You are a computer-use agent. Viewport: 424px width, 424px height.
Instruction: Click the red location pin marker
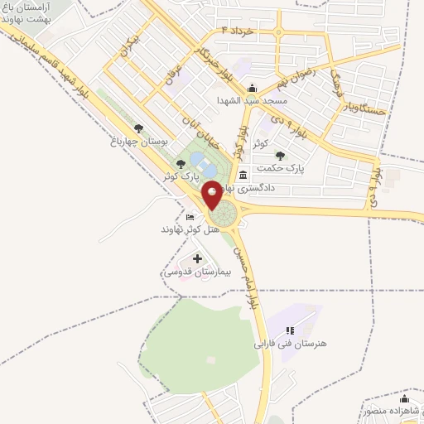tap(212, 195)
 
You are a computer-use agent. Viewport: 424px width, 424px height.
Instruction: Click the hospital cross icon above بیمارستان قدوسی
tap(197, 259)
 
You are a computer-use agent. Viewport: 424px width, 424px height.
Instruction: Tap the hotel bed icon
tap(190, 217)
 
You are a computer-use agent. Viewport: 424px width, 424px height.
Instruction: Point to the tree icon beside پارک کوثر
tap(181, 164)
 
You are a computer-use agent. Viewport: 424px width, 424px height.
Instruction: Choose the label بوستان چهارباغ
tap(142, 142)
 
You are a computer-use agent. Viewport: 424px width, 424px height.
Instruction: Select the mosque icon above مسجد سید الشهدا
tap(253, 89)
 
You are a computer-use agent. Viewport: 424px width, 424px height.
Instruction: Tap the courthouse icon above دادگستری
tap(243, 176)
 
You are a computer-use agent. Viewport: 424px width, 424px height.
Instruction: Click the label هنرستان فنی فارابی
tap(286, 341)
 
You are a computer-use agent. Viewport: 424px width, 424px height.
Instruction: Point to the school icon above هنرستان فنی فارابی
tap(290, 330)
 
